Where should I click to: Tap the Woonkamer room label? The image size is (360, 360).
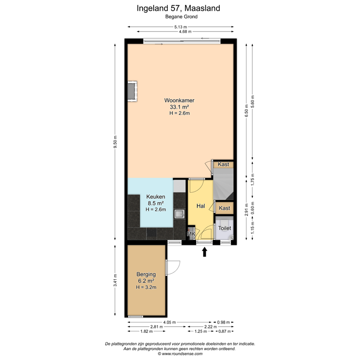click(179, 100)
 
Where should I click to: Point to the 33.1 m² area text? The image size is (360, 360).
click(179, 107)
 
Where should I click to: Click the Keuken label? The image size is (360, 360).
click(155, 196)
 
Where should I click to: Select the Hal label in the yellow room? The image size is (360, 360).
click(201, 206)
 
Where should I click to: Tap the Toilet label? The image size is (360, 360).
click(225, 228)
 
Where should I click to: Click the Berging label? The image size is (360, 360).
click(146, 274)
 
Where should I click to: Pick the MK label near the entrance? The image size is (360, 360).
click(191, 234)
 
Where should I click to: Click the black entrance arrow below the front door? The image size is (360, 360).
click(204, 253)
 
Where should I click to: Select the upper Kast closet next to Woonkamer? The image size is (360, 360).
click(224, 165)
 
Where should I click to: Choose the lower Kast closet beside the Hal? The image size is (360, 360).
click(225, 208)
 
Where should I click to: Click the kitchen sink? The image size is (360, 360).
click(179, 214)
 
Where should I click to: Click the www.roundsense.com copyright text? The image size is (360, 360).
click(180, 354)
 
